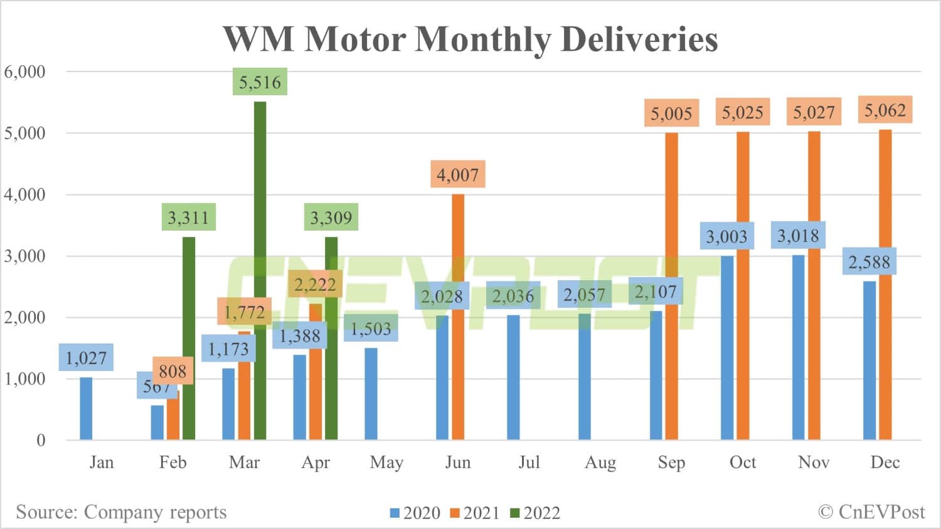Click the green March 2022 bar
tap(260, 270)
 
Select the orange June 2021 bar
tap(458, 317)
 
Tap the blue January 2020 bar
tap(86, 408)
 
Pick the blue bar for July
tap(513, 377)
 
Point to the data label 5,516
tap(260, 81)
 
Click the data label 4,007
tap(457, 174)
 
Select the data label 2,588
tap(869, 261)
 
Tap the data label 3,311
tap(188, 217)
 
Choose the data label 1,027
tap(86, 357)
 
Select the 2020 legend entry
tap(415, 513)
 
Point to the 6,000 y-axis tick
tap(25, 71)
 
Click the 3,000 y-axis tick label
tap(25, 256)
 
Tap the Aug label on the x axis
tap(600, 463)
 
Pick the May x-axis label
tap(386, 463)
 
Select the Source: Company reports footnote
tap(121, 512)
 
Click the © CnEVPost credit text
tap(871, 512)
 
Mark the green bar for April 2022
tap(331, 338)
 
